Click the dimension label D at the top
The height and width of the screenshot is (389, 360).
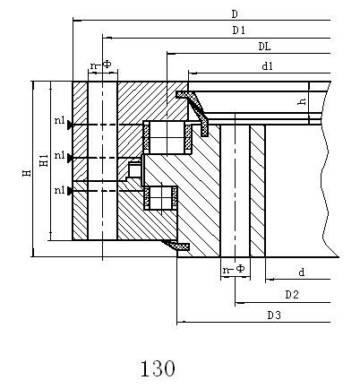tap(235, 13)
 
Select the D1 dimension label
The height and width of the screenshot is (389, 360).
tap(239, 30)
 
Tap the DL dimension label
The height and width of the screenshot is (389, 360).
tap(264, 47)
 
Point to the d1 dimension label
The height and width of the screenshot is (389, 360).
tap(267, 66)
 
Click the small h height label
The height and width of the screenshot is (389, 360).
tap(302, 101)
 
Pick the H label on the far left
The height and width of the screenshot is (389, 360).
tap(27, 173)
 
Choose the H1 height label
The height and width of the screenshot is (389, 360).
tap(44, 160)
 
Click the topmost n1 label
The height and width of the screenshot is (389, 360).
tap(60, 120)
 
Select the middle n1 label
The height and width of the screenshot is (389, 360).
tap(60, 155)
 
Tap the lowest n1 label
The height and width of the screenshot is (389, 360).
tap(60, 190)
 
